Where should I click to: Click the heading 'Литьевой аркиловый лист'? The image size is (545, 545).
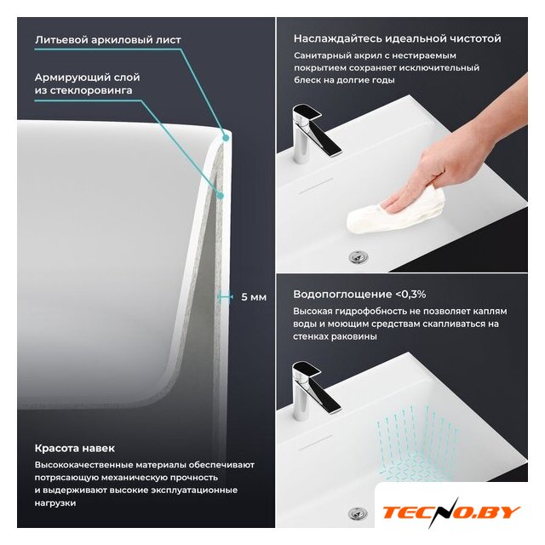tap(108, 40)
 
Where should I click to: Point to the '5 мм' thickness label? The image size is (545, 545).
tap(254, 297)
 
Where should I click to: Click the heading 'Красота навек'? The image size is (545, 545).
tap(75, 448)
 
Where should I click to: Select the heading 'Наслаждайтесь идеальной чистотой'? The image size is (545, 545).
tap(398, 38)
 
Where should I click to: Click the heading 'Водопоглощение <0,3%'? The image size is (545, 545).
tap(359, 294)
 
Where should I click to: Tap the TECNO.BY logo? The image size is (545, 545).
tap(451, 513)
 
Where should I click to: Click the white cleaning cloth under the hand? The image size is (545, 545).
tap(396, 210)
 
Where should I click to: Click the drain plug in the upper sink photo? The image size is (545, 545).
tap(358, 257)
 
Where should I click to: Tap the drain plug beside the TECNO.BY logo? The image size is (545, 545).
tap(358, 513)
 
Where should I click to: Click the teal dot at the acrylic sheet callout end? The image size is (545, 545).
tap(226, 138)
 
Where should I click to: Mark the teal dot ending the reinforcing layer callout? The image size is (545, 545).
tap(221, 196)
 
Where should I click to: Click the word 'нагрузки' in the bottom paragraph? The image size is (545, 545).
tap(54, 503)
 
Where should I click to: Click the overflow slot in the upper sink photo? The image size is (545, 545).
tap(316, 186)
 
